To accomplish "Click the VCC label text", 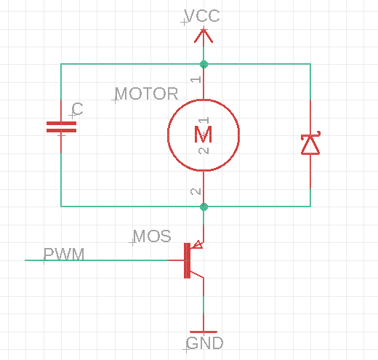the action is point(202,16).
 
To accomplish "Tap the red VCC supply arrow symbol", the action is point(204,36).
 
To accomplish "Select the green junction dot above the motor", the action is point(204,65).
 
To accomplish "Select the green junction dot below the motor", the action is point(204,207).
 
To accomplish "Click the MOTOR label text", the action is point(147,94).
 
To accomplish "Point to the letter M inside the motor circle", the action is point(204,135).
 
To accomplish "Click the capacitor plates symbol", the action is point(61,127).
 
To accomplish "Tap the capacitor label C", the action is point(78,109).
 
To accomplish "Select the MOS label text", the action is point(152,236).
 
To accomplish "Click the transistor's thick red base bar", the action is point(187,260).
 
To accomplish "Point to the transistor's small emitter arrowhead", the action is point(197,245).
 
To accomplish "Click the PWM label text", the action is point(64,255).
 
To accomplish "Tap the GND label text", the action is point(205,343).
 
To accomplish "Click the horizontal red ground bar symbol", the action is point(204,332).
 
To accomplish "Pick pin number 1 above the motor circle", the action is point(196,79).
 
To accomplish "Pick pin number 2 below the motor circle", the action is point(196,191).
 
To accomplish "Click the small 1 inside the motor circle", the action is point(204,121).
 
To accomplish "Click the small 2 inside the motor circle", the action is point(204,151).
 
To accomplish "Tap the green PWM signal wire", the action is point(97,260).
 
